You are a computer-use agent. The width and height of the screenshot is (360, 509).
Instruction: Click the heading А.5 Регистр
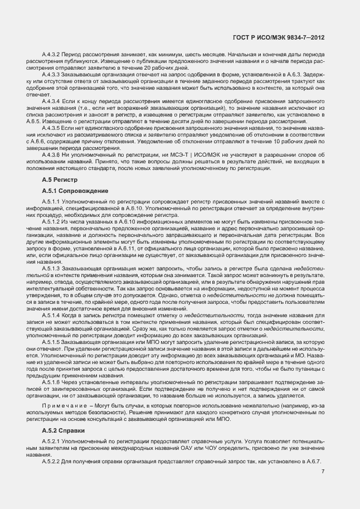60,180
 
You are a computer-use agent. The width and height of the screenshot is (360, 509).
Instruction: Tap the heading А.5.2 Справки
64,431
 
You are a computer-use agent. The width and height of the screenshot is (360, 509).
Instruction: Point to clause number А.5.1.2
52,222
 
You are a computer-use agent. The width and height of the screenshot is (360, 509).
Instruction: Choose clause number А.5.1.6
52,382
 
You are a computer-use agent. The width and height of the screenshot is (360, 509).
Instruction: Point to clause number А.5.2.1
52,441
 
